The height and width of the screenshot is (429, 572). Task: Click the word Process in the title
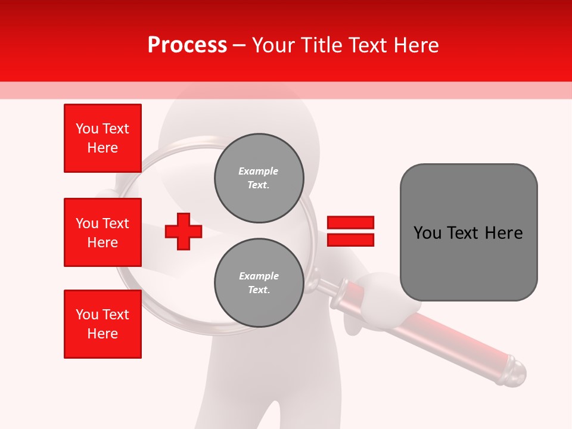click(187, 45)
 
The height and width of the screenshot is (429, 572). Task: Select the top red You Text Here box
click(102, 138)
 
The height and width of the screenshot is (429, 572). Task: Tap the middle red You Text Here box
click(102, 232)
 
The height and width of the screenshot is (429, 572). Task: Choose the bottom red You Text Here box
click(102, 324)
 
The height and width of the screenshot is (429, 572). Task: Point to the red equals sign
click(350, 231)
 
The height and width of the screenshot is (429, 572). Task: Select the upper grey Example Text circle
click(259, 178)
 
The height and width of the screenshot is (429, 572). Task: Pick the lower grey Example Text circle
click(259, 283)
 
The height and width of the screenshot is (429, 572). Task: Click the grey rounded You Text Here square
click(468, 232)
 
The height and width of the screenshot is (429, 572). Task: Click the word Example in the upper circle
click(259, 171)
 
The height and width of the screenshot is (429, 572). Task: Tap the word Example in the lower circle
click(259, 276)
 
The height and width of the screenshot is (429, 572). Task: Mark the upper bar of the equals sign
click(350, 223)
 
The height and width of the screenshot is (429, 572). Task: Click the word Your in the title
click(275, 45)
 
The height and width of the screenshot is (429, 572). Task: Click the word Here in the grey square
click(503, 233)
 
